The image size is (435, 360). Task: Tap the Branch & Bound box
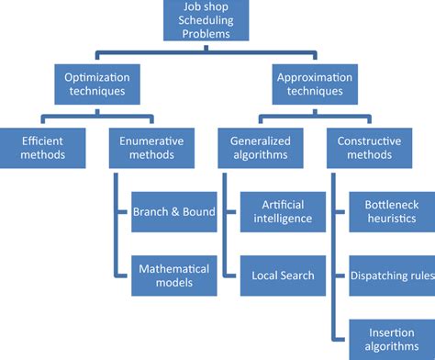click(174, 212)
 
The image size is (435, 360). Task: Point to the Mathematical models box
click(174, 276)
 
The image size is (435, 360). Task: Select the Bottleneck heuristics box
click(390, 212)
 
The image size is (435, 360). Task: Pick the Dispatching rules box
click(390, 275)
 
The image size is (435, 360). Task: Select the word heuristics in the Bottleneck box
click(390, 220)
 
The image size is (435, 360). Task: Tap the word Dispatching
click(376, 275)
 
